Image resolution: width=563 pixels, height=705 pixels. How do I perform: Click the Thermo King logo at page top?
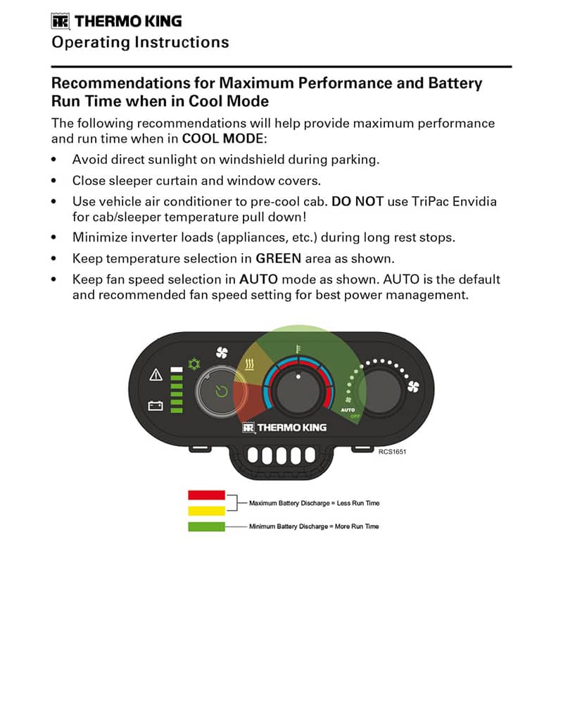[x=116, y=21]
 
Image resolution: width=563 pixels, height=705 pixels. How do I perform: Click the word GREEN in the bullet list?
[x=279, y=258]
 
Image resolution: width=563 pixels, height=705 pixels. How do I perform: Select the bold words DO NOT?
[x=358, y=201]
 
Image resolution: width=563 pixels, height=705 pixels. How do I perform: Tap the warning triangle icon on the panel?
[x=156, y=374]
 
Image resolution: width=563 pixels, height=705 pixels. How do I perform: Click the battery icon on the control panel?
[x=156, y=406]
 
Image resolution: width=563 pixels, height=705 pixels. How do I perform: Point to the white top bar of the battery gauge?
[x=177, y=369]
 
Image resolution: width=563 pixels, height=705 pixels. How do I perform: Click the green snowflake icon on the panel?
[x=194, y=364]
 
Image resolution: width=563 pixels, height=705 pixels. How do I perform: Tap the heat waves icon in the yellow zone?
[x=250, y=364]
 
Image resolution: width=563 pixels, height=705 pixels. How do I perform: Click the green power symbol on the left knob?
[x=222, y=391]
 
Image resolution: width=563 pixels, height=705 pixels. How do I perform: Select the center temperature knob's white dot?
[x=298, y=377]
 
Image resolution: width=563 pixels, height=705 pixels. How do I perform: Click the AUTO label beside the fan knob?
[x=348, y=410]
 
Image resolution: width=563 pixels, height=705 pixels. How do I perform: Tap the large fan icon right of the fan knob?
[x=413, y=386]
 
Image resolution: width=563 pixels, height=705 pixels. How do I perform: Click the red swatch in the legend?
[x=206, y=495]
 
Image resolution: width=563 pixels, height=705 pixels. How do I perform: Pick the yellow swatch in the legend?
[x=206, y=511]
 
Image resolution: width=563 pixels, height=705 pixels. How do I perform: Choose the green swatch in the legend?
[x=206, y=526]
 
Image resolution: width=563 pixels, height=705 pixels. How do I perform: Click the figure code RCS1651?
[x=392, y=452]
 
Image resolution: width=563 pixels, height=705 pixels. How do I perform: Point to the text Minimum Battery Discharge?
[x=289, y=526]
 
